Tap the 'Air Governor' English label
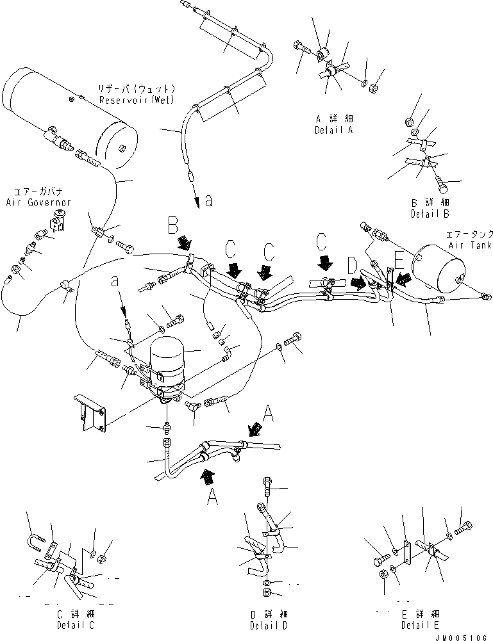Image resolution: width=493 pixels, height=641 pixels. pos(38,202)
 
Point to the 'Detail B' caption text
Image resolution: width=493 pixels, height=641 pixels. pos(430,213)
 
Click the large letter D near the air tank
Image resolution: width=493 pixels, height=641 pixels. pos(352,264)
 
